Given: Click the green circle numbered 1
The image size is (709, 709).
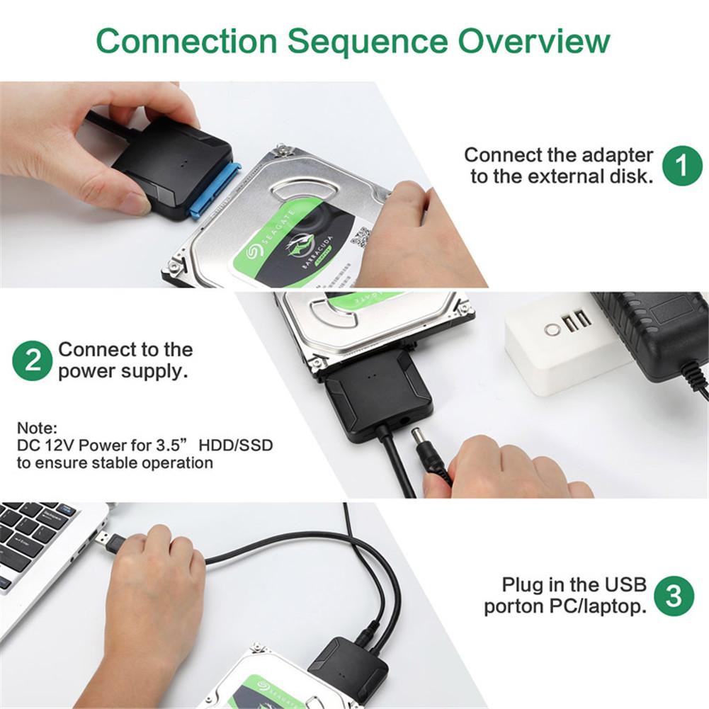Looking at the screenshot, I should point(681,166).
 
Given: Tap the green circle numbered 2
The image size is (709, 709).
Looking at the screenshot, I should point(33,361).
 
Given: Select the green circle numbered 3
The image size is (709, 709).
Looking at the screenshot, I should point(674,596).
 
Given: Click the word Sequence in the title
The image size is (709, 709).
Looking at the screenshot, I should point(367,42).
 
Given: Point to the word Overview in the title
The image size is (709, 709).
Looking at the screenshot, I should point(533,42).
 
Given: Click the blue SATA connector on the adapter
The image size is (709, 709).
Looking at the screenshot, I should point(215,191).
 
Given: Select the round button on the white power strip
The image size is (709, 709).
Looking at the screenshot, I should point(551,329).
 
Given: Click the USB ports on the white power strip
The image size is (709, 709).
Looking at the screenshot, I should point(578,322).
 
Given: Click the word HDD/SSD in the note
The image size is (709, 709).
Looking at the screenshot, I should point(235,446).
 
